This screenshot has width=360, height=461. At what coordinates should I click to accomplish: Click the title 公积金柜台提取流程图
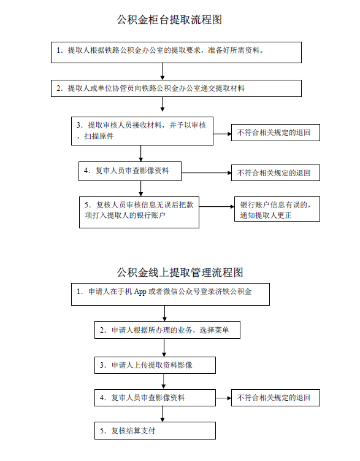[x=169, y=20]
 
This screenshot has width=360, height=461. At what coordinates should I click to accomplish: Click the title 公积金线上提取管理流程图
[x=180, y=273]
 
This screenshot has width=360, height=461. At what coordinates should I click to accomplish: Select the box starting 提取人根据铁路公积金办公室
[x=176, y=52]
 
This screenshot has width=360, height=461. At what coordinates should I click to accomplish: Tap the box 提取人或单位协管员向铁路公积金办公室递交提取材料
[x=176, y=88]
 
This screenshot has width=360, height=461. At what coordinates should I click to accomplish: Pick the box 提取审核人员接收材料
[x=142, y=131]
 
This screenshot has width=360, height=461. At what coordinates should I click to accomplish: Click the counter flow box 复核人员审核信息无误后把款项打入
[x=139, y=212]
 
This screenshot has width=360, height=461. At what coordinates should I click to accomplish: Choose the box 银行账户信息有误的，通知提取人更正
[x=277, y=209]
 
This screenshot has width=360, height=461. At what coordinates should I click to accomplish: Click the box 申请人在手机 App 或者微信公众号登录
[x=170, y=294]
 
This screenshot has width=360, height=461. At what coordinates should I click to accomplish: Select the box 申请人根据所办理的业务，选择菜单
[x=167, y=330]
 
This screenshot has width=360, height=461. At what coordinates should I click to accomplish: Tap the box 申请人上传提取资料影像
[x=155, y=365]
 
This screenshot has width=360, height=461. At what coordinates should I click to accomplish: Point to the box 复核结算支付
[x=155, y=431]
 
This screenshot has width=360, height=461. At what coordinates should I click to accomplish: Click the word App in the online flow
[x=140, y=292]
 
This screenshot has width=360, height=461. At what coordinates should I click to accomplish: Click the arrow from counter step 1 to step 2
[x=163, y=71]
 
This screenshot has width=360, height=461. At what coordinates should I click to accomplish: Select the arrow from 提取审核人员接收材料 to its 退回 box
[x=222, y=134]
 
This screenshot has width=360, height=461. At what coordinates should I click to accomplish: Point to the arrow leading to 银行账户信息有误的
[x=216, y=207]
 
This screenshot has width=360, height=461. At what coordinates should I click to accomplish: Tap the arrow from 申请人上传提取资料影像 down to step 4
[x=164, y=381]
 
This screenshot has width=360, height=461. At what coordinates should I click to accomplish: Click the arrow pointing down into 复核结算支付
[x=163, y=414]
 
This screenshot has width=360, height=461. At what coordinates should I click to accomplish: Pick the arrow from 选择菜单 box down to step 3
[x=164, y=347]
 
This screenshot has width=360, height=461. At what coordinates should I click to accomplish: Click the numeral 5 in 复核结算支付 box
[x=102, y=431]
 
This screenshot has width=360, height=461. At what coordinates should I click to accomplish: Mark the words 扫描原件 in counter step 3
[x=99, y=136]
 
